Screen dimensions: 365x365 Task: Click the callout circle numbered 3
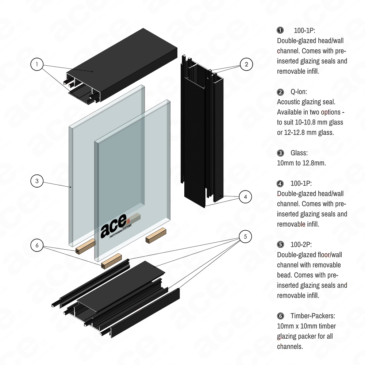point(38,181)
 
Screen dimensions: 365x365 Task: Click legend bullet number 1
point(280,30)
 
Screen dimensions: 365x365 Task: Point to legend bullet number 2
point(280,92)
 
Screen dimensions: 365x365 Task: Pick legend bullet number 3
point(280,153)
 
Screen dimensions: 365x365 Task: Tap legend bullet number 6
point(280,315)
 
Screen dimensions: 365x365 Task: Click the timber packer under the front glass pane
point(111,261)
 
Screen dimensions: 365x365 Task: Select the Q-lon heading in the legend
point(298,92)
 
